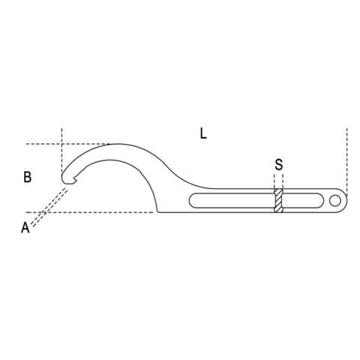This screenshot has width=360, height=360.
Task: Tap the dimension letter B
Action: (27, 178)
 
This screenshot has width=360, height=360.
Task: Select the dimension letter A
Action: (25, 227)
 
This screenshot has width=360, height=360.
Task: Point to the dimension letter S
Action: (278, 163)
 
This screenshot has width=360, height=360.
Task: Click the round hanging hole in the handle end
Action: (334, 200)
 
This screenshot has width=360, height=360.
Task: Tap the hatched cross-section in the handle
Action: (278, 201)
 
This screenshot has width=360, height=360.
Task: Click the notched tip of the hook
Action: (66, 178)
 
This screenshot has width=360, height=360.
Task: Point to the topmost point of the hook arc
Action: (112, 144)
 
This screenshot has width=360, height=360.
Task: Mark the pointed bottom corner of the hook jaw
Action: (158, 212)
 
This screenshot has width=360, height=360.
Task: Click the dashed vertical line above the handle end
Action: (346, 157)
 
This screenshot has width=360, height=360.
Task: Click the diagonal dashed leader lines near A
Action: (49, 206)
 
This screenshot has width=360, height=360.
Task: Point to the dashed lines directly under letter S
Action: (278, 180)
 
